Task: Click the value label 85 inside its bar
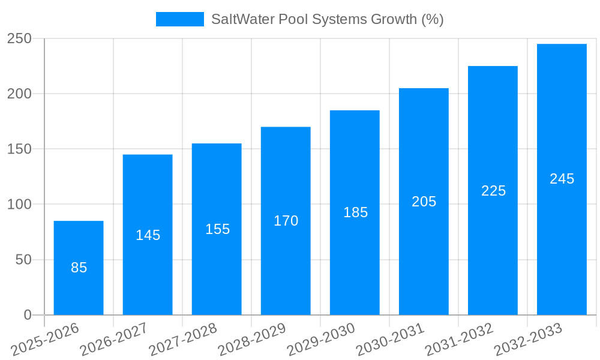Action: point(79,268)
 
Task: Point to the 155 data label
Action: point(217,229)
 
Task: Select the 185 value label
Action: point(355,212)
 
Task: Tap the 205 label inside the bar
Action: point(424,202)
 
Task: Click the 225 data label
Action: point(493,191)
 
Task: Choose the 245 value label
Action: point(562,179)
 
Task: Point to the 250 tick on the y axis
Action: point(19,38)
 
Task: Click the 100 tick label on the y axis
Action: point(19,205)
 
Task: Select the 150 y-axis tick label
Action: point(19,149)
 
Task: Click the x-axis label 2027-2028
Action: point(184,340)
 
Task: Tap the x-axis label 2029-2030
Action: point(322,340)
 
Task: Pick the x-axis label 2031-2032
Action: point(460,340)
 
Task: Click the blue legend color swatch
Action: point(179,19)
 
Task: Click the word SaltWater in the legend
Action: point(238,19)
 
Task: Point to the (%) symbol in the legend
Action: point(432,19)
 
